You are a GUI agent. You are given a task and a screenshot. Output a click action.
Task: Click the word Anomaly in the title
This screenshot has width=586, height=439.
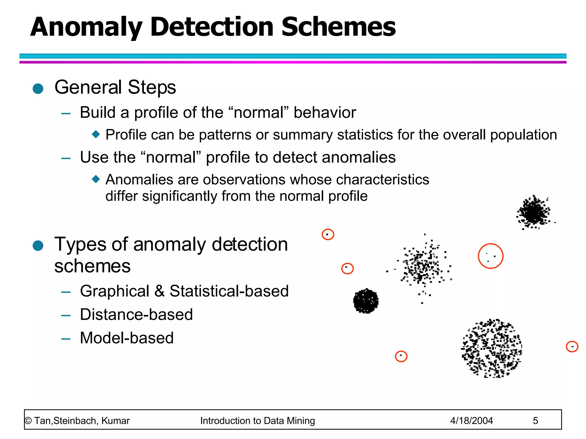(x=86, y=27)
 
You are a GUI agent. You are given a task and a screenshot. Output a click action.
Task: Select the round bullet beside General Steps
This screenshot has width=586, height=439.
(x=38, y=89)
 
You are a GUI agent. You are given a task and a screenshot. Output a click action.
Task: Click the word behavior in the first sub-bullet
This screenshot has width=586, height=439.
(x=325, y=112)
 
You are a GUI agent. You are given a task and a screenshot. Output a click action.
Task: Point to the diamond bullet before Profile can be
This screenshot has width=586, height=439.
(x=96, y=134)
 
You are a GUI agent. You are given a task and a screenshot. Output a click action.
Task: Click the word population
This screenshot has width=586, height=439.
(x=523, y=135)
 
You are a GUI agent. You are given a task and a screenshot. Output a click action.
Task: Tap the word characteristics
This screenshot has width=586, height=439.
(x=383, y=180)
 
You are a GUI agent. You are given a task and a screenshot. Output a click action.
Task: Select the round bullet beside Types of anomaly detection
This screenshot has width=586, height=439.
(x=38, y=246)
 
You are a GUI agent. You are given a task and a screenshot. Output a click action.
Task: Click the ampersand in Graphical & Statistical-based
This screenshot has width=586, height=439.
(x=159, y=291)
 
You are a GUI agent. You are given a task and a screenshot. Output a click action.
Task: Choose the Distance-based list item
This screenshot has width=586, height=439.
(x=136, y=314)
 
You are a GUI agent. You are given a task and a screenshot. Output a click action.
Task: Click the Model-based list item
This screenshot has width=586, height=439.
(x=127, y=338)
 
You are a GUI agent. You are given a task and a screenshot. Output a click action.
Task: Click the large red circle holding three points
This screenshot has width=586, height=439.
(x=490, y=256)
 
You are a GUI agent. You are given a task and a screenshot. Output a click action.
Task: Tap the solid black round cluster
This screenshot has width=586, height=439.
(x=366, y=301)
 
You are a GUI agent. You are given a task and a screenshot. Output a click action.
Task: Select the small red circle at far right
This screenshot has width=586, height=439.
(x=572, y=347)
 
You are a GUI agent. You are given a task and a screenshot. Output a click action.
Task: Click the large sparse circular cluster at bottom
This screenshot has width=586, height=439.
(x=492, y=348)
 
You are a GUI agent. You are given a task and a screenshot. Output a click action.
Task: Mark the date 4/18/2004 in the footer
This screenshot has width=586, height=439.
(x=471, y=421)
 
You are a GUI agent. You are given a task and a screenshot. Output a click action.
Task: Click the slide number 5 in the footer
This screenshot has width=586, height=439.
(x=535, y=421)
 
